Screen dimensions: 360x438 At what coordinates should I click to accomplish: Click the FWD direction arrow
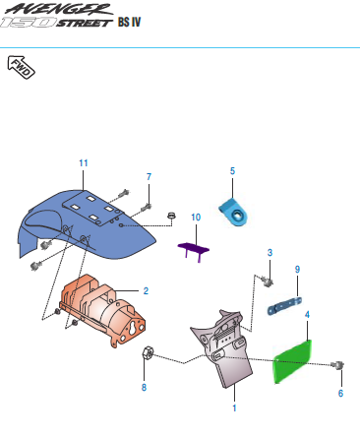[x=21, y=67]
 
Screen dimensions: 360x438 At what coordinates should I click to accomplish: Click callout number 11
[x=84, y=163]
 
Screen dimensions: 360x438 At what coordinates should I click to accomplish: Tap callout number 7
[x=149, y=177]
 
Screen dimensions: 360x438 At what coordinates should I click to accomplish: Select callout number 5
[x=232, y=171]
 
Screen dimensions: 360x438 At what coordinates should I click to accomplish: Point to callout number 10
[x=196, y=218]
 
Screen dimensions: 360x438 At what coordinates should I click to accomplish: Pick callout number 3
[x=270, y=253]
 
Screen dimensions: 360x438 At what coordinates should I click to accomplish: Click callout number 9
[x=297, y=270]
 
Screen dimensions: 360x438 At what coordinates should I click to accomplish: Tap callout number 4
[x=307, y=315]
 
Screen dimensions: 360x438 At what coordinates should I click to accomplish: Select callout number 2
[x=146, y=291]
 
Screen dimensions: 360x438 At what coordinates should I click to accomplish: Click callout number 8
[x=144, y=388]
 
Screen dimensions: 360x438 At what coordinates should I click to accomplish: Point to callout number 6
[x=340, y=393]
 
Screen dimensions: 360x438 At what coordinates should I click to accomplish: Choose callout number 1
[x=234, y=408]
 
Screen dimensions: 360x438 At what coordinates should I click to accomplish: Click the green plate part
[x=292, y=361]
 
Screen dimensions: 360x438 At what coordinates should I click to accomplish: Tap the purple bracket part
[x=194, y=249]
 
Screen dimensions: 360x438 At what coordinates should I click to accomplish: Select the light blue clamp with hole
[x=233, y=213]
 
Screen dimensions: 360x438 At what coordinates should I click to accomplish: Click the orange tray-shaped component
[x=102, y=310]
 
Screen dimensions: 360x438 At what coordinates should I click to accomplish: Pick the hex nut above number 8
[x=147, y=352]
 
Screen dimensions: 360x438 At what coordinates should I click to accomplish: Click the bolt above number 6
[x=337, y=365]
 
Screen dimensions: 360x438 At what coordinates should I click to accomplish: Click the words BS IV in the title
[x=129, y=22]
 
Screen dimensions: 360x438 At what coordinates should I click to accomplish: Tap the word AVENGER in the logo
[x=59, y=9]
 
